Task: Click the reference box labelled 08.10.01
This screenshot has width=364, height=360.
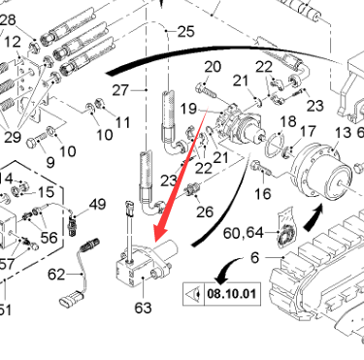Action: pyautogui.click(x=222, y=294)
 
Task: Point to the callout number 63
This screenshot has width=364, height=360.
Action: pyautogui.click(x=143, y=308)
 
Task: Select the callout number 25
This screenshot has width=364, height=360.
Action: pyautogui.click(x=186, y=32)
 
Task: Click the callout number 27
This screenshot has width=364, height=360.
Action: pyautogui.click(x=120, y=90)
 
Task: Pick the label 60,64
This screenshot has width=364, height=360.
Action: pyautogui.click(x=244, y=233)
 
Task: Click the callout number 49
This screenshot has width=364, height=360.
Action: pyautogui.click(x=97, y=205)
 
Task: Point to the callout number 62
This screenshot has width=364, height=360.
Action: pyautogui.click(x=56, y=275)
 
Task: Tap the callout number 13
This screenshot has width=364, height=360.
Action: pyautogui.click(x=343, y=132)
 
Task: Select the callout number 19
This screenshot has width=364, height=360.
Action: pyautogui.click(x=188, y=109)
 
